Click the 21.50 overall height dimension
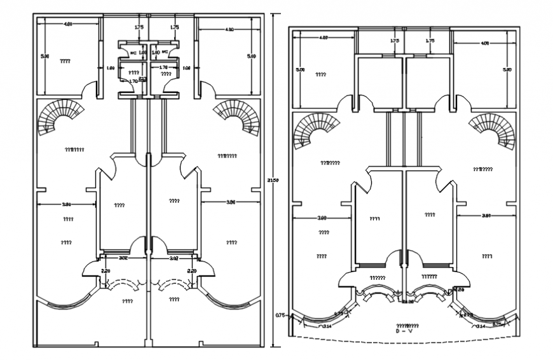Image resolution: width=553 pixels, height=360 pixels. pyautogui.click(x=272, y=180)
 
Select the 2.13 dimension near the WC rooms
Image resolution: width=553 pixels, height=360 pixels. pyautogui.click(x=142, y=79)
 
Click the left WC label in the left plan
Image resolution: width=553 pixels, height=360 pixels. pyautogui.click(x=133, y=53)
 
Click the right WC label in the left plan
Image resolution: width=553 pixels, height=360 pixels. pyautogui.click(x=164, y=52)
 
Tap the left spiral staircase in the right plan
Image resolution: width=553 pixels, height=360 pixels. pyautogui.click(x=315, y=130)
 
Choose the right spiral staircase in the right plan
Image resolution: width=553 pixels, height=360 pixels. pyautogui.click(x=492, y=130)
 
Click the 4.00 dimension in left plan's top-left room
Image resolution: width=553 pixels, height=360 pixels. pyautogui.click(x=67, y=24)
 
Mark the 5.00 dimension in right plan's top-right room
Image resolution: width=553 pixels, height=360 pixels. pyautogui.click(x=507, y=69)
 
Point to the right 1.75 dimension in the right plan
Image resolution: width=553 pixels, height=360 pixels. pyautogui.click(x=430, y=41)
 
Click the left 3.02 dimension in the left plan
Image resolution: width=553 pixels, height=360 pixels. pyautogui.click(x=123, y=258)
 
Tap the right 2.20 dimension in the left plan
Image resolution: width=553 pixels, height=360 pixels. pyautogui.click(x=192, y=271)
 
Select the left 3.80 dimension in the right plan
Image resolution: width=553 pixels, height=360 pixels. pyautogui.click(x=322, y=218)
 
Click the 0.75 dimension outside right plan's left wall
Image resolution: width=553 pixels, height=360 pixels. pyautogui.click(x=280, y=314)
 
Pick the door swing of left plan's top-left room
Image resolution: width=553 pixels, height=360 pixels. pyautogui.click(x=88, y=90)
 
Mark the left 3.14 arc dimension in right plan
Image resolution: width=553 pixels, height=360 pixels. pyautogui.click(x=327, y=326)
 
